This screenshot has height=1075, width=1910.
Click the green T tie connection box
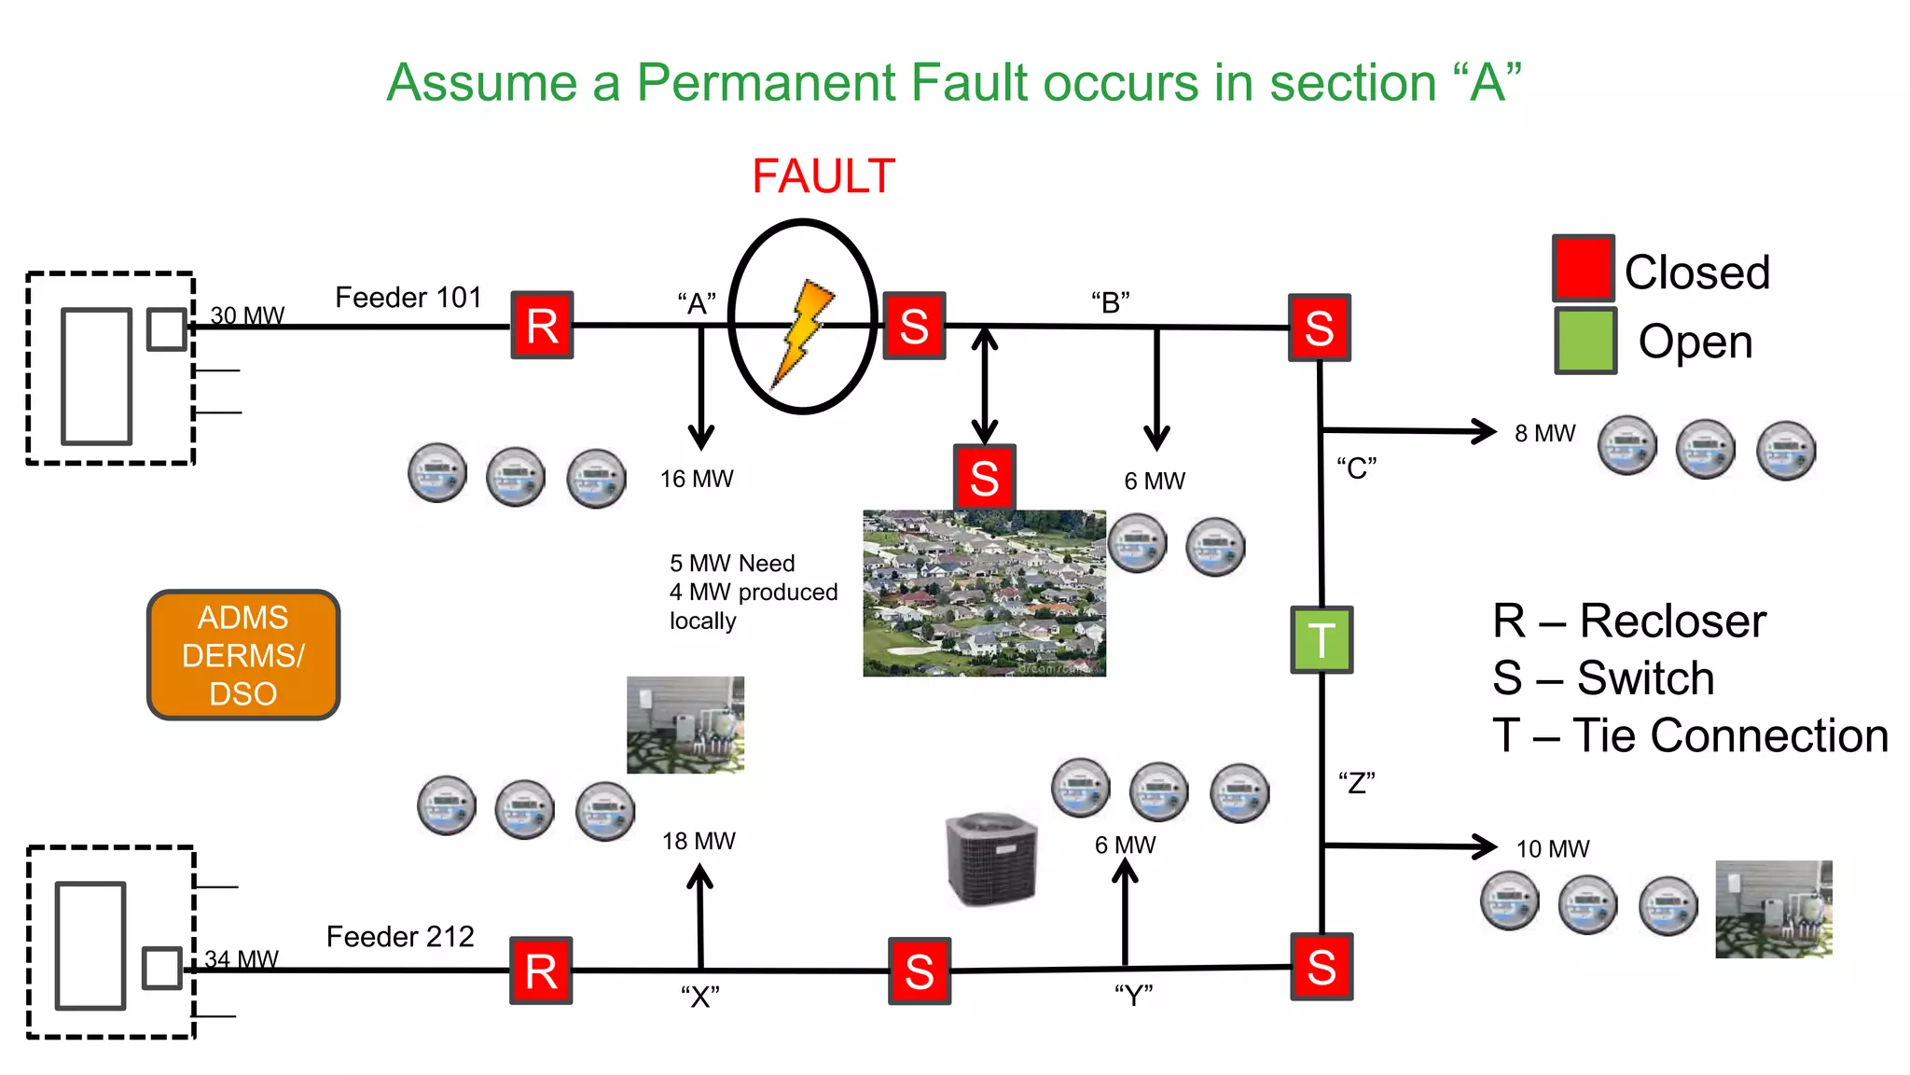[x=1321, y=639]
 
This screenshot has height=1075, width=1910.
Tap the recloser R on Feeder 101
[x=542, y=325]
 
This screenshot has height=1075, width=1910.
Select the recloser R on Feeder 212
[x=541, y=970]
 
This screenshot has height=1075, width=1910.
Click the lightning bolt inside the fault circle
[x=801, y=331]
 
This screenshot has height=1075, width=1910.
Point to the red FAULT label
[x=823, y=176]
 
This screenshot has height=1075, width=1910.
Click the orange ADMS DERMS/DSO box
[x=243, y=655]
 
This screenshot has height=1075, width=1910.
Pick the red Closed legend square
[x=1583, y=268]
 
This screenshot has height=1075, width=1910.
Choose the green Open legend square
[x=1585, y=341]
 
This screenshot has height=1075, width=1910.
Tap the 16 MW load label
[x=697, y=479]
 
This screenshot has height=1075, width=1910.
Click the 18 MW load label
[x=699, y=841]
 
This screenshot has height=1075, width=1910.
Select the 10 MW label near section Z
[x=1552, y=849]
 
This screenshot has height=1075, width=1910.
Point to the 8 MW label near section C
[x=1544, y=434]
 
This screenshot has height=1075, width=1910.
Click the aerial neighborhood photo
[x=983, y=593]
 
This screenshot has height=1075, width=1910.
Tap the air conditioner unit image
[x=990, y=859]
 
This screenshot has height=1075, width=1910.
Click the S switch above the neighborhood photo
[x=984, y=477]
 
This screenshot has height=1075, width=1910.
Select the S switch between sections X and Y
[x=919, y=970]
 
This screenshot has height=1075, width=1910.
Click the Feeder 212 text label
[x=400, y=936]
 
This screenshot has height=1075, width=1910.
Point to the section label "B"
[x=1110, y=302]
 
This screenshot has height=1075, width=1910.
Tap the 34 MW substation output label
[x=242, y=959]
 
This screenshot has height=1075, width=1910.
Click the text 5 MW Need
[x=732, y=564]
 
